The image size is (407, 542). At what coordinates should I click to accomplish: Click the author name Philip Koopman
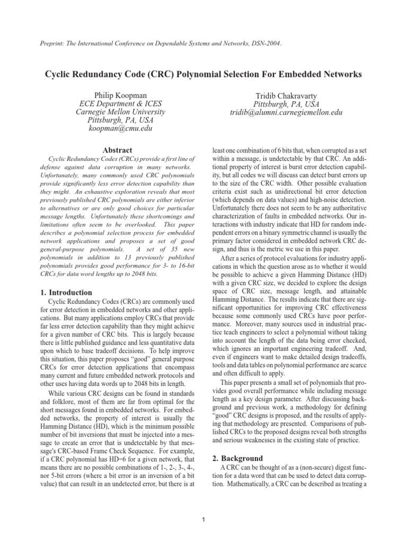tap(120, 94)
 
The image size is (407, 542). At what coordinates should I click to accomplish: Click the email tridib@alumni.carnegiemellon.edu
tap(286, 113)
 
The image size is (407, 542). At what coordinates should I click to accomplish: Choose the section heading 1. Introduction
tap(66, 292)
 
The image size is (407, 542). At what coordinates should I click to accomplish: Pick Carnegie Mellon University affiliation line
tap(120, 112)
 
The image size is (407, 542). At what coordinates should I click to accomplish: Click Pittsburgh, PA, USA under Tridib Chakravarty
tap(286, 104)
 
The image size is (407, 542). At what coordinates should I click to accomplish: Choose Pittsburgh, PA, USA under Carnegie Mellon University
tap(120, 121)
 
